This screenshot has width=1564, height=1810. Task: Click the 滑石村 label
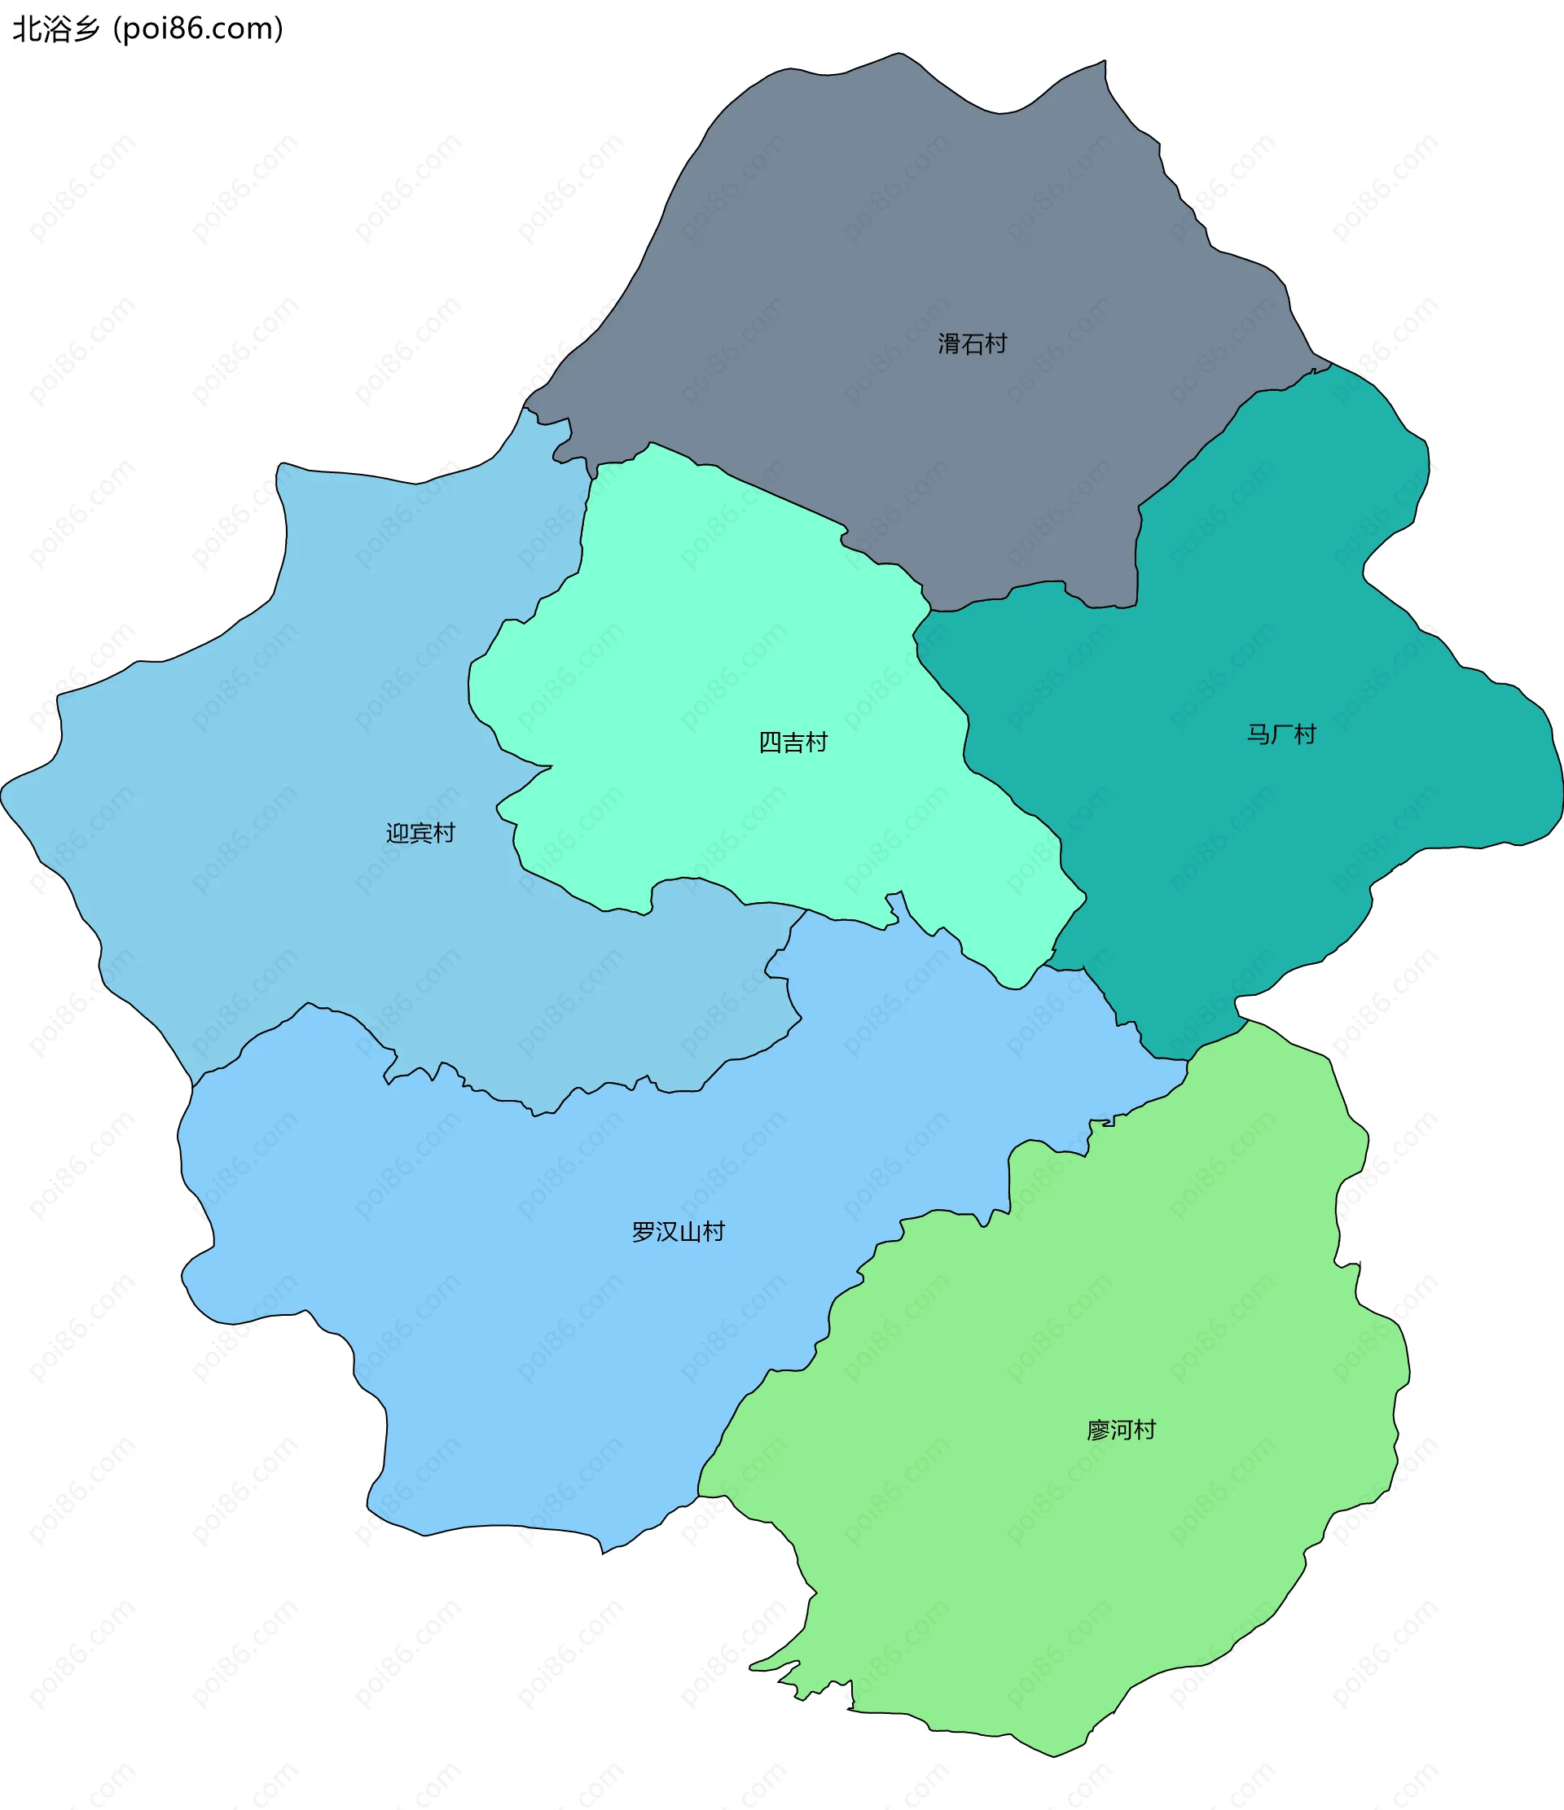(x=972, y=344)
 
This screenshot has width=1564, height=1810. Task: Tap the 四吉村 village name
(x=793, y=743)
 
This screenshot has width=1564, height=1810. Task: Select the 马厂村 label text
(x=1281, y=734)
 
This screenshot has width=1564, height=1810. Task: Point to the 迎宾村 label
(x=420, y=832)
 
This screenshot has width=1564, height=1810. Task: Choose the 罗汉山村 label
(x=678, y=1232)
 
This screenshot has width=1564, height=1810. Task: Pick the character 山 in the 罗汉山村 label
(x=690, y=1232)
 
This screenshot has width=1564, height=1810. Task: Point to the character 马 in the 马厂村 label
(x=1259, y=734)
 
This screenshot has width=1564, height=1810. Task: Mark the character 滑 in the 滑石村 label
(x=949, y=344)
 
